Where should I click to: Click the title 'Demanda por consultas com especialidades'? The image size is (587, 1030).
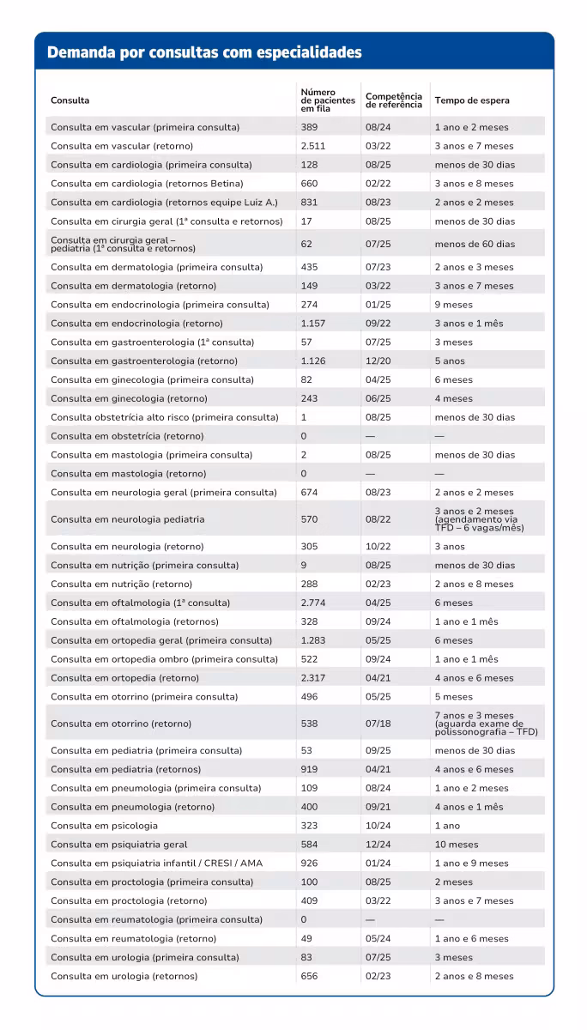(204, 52)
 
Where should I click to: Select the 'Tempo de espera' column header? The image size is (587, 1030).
(471, 100)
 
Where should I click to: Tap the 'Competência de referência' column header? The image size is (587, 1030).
(394, 100)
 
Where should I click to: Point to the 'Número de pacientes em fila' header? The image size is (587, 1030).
(327, 100)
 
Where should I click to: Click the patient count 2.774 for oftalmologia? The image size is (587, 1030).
(313, 603)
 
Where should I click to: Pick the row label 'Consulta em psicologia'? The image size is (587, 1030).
(104, 826)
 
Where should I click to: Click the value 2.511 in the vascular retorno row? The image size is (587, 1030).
(313, 146)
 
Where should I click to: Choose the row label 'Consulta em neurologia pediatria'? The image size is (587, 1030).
(127, 519)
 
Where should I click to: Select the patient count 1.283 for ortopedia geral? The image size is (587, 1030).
(313, 640)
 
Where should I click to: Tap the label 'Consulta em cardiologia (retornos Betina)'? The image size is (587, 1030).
(147, 184)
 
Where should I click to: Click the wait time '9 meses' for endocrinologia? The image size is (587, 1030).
(453, 305)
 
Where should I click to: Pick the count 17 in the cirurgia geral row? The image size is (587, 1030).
(306, 221)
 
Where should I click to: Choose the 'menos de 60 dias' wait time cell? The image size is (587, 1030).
(475, 245)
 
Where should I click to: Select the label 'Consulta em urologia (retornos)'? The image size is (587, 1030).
(124, 976)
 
